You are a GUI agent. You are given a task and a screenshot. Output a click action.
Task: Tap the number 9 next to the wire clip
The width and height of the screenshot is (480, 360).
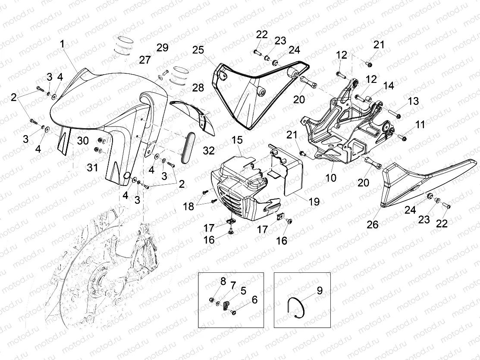(x=320, y=291)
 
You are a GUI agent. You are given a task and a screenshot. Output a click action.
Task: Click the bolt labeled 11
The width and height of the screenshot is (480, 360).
(x=402, y=138)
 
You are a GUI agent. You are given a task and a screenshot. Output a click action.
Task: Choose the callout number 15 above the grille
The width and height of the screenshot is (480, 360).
(x=237, y=140)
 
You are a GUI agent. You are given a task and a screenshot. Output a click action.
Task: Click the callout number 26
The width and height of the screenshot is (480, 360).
(x=372, y=224)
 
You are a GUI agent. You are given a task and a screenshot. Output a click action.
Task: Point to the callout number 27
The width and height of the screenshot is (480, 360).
(x=145, y=60)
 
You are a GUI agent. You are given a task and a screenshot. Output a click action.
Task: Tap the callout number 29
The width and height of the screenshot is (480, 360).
(x=162, y=48)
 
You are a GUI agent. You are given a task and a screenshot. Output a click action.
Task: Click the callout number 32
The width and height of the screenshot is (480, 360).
(x=208, y=150)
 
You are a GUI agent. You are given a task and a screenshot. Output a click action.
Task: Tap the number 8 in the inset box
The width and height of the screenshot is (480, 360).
(x=223, y=281)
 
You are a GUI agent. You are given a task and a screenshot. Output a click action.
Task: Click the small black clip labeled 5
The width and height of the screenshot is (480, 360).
(x=226, y=307)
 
